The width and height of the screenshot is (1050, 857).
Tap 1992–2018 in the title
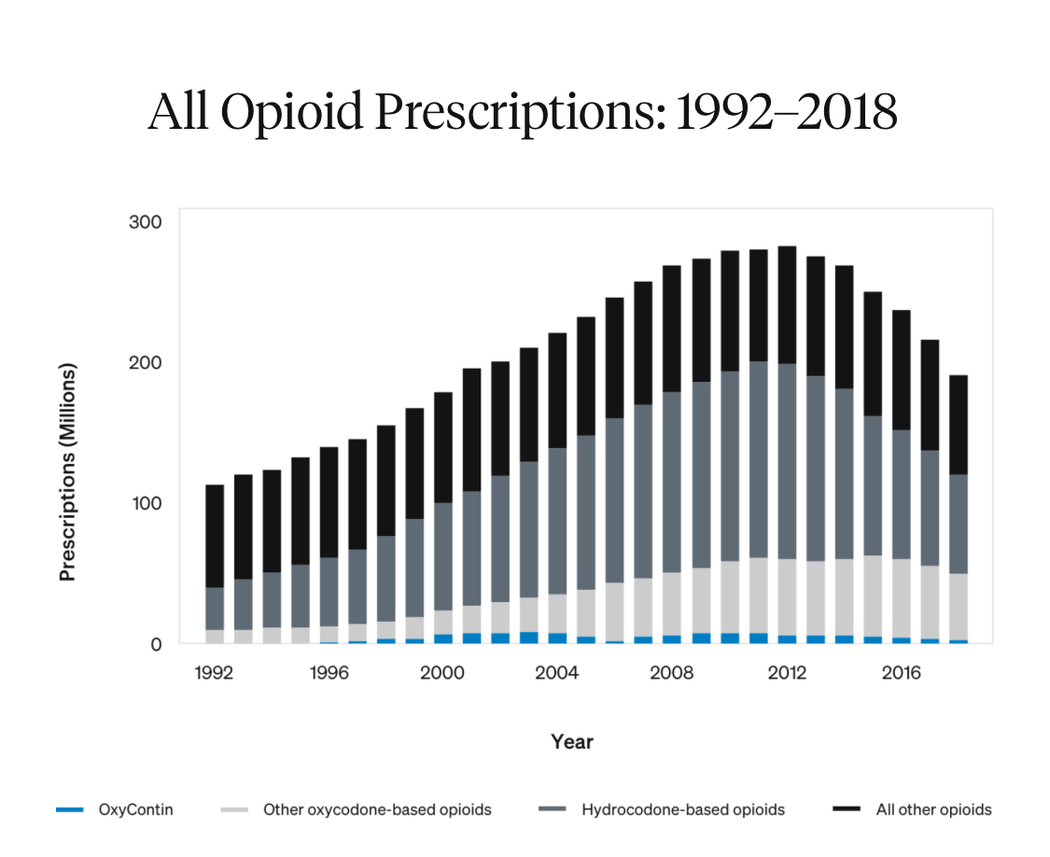pyautogui.click(x=786, y=112)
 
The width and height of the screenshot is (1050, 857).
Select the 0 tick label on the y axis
pyautogui.click(x=157, y=644)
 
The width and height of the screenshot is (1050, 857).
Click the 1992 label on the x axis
pyautogui.click(x=214, y=673)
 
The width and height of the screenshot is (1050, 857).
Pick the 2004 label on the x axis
pyautogui.click(x=557, y=673)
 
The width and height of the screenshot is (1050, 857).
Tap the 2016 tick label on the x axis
pyautogui.click(x=902, y=673)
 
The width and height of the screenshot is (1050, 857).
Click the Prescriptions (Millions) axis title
pyautogui.click(x=67, y=471)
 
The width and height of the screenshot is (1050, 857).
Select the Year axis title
pyautogui.click(x=571, y=742)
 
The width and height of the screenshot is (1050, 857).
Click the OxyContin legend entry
pyautogui.click(x=135, y=809)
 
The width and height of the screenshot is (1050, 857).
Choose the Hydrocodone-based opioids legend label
pyautogui.click(x=682, y=809)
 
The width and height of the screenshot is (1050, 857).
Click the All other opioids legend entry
pyautogui.click(x=933, y=809)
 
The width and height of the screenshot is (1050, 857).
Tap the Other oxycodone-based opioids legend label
pyautogui.click(x=376, y=809)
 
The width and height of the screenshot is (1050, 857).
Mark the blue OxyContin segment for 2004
pyautogui.click(x=557, y=639)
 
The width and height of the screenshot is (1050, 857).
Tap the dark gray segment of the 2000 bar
pyautogui.click(x=443, y=556)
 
